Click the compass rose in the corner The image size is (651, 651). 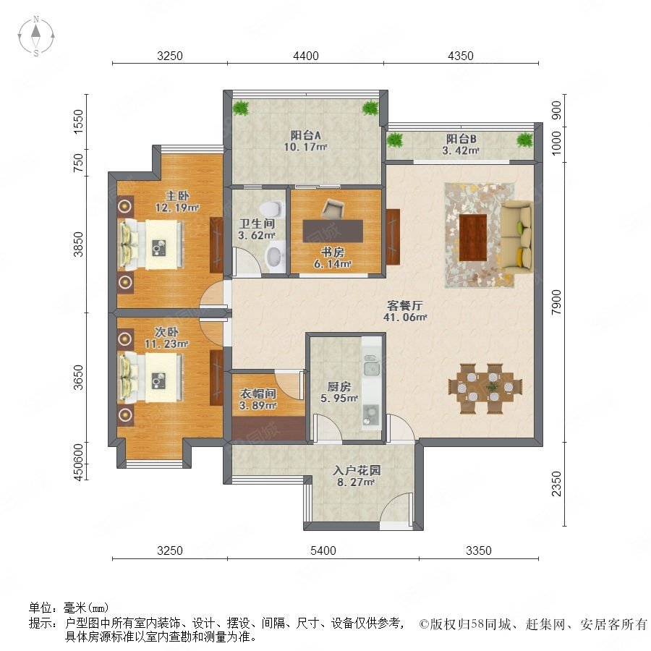pyautogui.click(x=36, y=35)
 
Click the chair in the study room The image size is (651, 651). pyautogui.click(x=332, y=208)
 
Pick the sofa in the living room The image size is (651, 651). pyautogui.click(x=516, y=237)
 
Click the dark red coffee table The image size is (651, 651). pyautogui.click(x=473, y=237)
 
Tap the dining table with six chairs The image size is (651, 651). pyautogui.click(x=485, y=388)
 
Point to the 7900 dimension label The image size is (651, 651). pyautogui.click(x=556, y=302)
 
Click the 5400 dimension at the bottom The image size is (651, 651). pyautogui.click(x=323, y=550)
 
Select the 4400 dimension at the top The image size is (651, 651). pyautogui.click(x=306, y=56)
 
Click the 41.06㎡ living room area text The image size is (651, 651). pyautogui.click(x=405, y=318)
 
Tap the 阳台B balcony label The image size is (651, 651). pyautogui.click(x=461, y=139)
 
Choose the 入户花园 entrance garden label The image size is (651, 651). pyautogui.click(x=357, y=470)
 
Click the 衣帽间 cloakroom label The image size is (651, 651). pyautogui.click(x=258, y=393)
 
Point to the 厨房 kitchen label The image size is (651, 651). pyautogui.click(x=339, y=386)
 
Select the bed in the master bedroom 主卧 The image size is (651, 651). pyautogui.click(x=152, y=244)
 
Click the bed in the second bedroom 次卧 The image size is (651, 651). pyautogui.click(x=152, y=378)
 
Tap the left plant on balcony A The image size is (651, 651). pyautogui.click(x=240, y=108)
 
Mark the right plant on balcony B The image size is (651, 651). pyautogui.click(x=524, y=140)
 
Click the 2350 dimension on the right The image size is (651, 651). pyautogui.click(x=556, y=484)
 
